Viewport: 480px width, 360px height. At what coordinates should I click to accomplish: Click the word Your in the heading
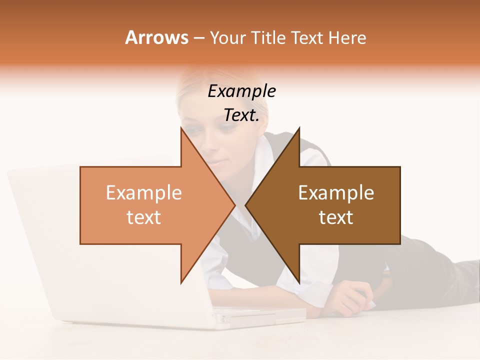pos(227,38)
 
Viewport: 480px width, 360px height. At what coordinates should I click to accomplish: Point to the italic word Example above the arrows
pos(241,91)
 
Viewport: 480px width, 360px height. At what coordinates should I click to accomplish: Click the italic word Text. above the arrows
pos(241,115)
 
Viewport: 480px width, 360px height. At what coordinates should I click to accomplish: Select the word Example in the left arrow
pos(143,193)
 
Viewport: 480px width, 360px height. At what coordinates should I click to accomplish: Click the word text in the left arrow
pos(143,217)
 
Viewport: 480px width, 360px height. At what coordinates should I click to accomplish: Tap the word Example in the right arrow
pos(336,193)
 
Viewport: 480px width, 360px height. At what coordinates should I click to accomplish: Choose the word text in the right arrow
pos(336,217)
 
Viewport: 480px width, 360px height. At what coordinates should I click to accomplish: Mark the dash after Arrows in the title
pos(198,38)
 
